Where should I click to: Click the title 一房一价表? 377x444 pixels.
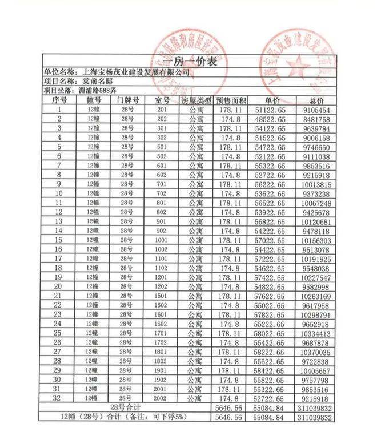point(189,63)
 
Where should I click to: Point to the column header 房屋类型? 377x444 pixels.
point(196,100)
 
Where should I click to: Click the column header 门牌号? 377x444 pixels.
point(128,100)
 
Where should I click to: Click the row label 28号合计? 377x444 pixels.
point(127,407)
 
